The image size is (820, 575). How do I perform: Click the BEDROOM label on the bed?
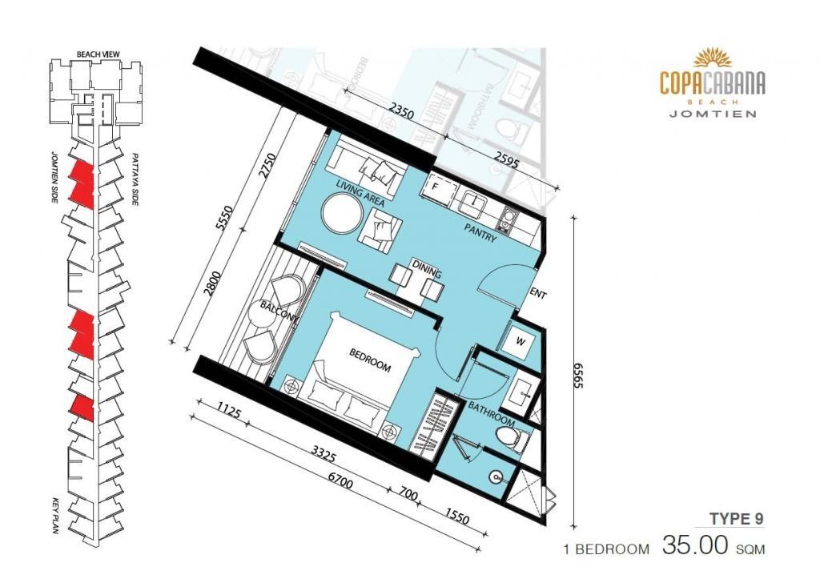[370, 360]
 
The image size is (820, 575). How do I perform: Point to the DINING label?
[427, 268]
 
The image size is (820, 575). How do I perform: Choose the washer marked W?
[519, 342]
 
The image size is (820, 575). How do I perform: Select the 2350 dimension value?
[401, 114]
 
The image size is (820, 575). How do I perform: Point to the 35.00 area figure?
[695, 545]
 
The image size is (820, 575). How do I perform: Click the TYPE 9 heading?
[737, 518]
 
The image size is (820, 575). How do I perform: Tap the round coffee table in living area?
[341, 213]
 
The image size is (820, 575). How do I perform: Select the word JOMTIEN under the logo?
[713, 114]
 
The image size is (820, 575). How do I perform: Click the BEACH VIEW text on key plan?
[98, 54]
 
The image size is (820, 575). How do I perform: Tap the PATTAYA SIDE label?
[135, 179]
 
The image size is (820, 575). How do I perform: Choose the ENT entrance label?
[537, 294]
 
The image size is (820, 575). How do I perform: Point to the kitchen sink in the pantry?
[474, 203]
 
